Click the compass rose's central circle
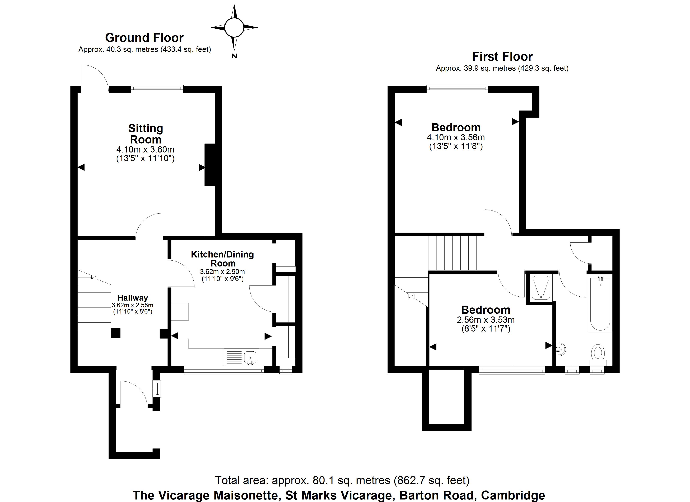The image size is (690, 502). click(234, 27)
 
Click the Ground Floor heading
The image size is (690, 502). click(144, 38)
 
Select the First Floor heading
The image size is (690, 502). click(502, 57)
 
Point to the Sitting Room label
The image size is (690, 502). click(146, 134)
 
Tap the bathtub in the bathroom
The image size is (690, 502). click(600, 304)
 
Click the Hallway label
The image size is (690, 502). click(133, 298)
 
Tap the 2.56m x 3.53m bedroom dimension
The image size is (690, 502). click(486, 320)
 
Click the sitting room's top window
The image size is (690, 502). click(157, 89)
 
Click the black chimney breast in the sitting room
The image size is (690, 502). click(210, 165)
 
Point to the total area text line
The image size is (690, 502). click(342, 480)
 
